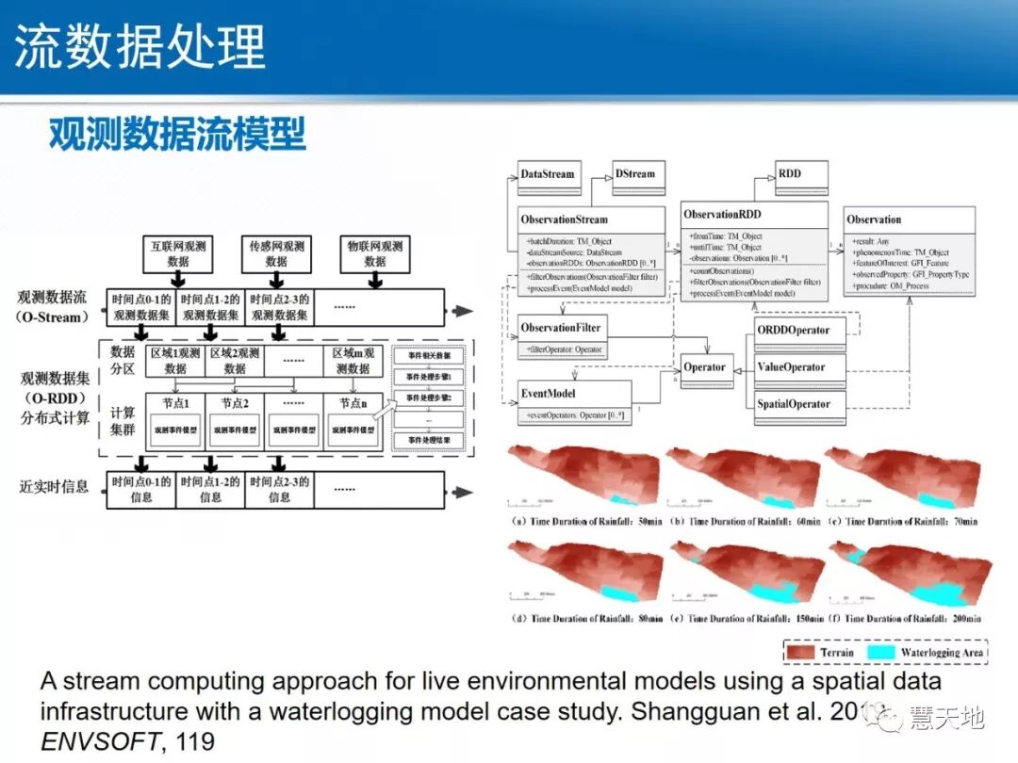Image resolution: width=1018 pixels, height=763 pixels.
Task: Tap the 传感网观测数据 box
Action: click(x=276, y=253)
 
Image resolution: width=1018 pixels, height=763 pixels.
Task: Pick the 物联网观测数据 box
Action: click(x=374, y=253)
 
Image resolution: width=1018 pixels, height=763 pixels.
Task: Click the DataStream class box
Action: click(x=547, y=173)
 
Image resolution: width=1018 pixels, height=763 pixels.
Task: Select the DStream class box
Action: click(x=634, y=173)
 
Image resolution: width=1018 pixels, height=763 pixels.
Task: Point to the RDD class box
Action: click(x=789, y=173)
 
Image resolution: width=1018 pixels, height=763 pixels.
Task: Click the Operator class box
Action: click(x=705, y=367)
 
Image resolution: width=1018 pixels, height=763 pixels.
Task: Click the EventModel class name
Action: click(x=548, y=393)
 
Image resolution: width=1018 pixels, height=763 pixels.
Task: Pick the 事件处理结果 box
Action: click(x=429, y=440)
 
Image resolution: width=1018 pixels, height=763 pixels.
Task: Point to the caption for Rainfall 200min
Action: click(x=911, y=619)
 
